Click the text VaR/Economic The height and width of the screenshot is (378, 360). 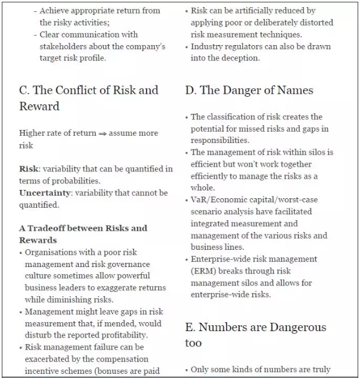[217, 199]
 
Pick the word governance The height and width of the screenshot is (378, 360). [125, 264]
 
